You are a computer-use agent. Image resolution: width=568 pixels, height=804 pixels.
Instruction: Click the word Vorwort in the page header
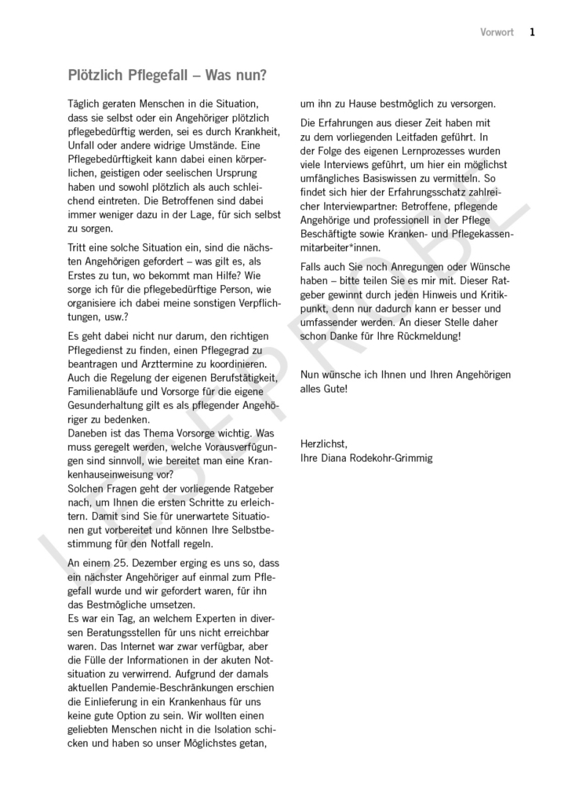pos(497,32)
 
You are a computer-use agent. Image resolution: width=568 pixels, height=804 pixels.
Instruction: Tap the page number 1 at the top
pos(532,32)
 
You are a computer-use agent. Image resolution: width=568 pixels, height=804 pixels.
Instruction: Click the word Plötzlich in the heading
pos(96,76)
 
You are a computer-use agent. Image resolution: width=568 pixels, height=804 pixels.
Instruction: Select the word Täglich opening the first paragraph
pos(87,104)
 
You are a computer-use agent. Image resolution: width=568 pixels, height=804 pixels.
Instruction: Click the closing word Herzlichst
pos(323,444)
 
